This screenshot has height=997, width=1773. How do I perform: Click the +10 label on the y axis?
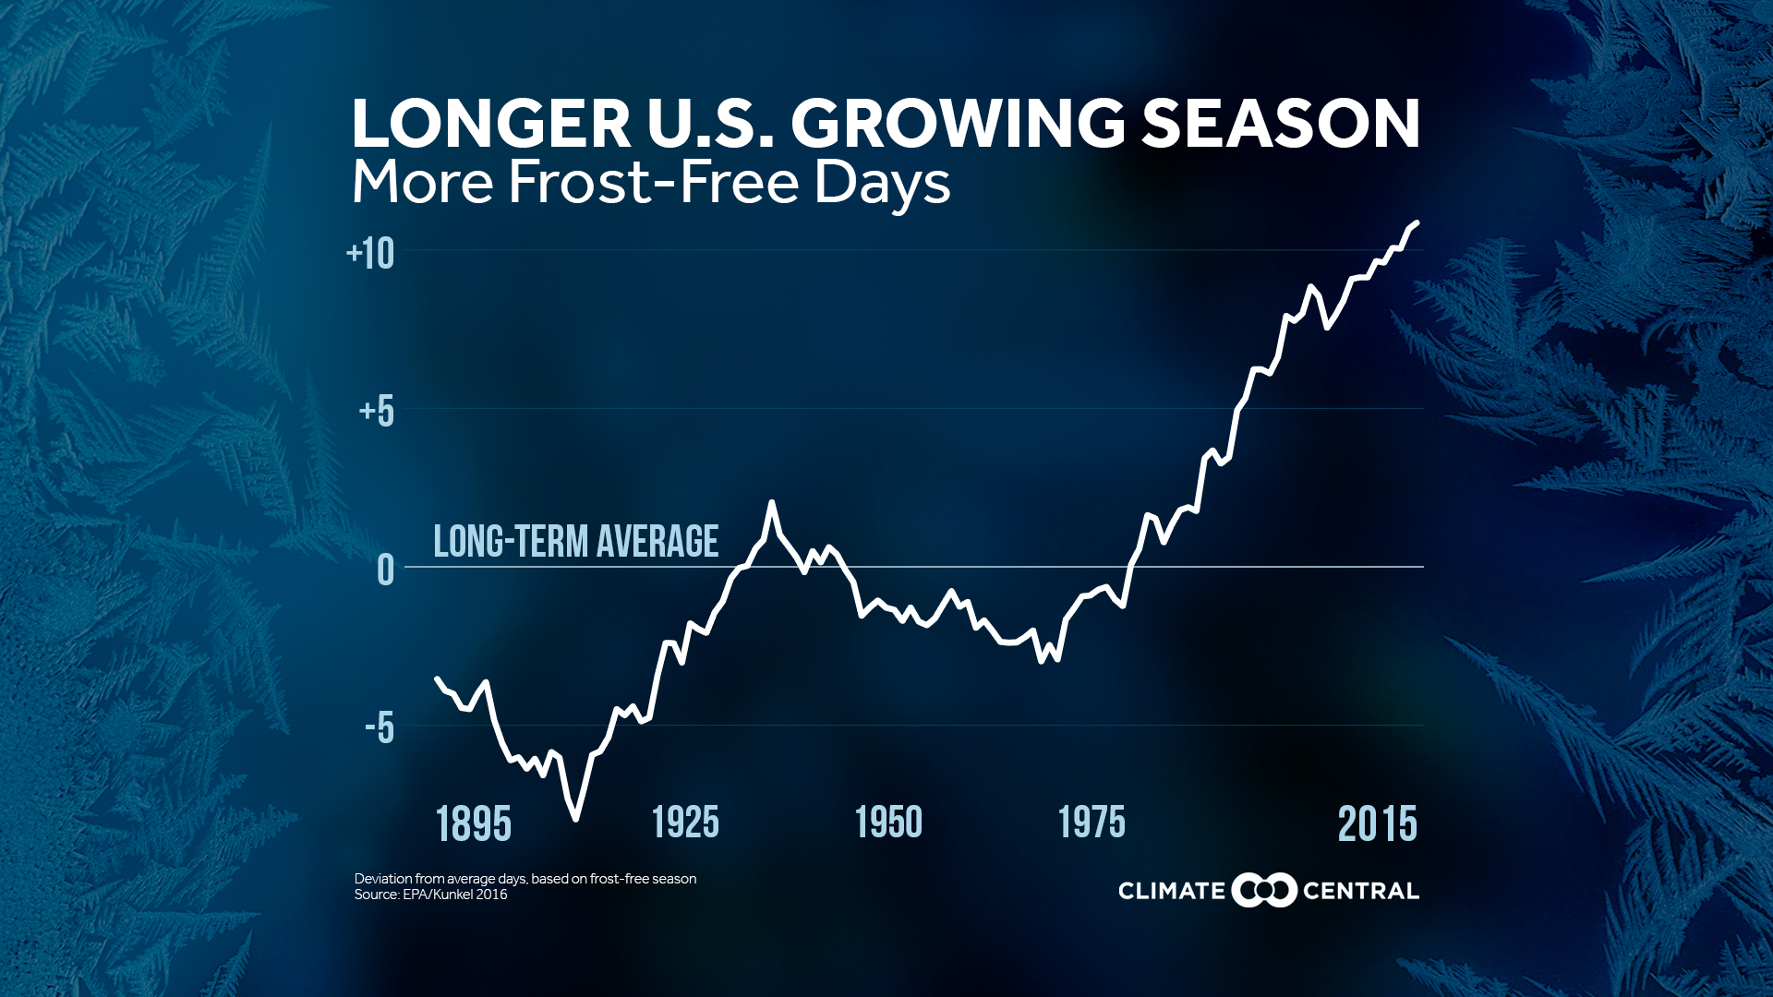(370, 254)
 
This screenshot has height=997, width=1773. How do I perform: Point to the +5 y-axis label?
(377, 412)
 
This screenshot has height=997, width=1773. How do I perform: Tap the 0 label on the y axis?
(386, 571)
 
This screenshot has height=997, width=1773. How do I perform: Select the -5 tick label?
(380, 728)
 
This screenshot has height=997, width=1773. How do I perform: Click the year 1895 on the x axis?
(473, 824)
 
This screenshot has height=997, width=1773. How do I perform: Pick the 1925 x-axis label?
(685, 823)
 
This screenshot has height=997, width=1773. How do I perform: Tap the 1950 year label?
(888, 823)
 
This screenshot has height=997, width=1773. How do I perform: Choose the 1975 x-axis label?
(1092, 823)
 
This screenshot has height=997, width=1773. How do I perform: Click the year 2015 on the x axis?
(1377, 824)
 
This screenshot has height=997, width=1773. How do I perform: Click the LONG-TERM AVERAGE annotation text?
(575, 542)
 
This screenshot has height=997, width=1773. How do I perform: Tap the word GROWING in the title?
(957, 124)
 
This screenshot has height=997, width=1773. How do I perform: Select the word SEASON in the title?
(1281, 124)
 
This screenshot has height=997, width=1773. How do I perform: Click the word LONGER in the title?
(490, 124)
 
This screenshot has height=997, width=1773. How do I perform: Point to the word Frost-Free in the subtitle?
(654, 182)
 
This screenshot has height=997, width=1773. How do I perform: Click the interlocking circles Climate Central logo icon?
(1264, 891)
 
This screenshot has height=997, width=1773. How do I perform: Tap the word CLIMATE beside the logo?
(1171, 892)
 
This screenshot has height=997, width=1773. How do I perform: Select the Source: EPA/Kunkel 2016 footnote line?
(430, 895)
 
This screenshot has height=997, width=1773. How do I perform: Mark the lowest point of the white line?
(575, 819)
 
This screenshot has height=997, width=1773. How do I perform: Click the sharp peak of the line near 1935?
(771, 502)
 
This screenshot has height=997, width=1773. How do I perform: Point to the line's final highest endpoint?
(1417, 222)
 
